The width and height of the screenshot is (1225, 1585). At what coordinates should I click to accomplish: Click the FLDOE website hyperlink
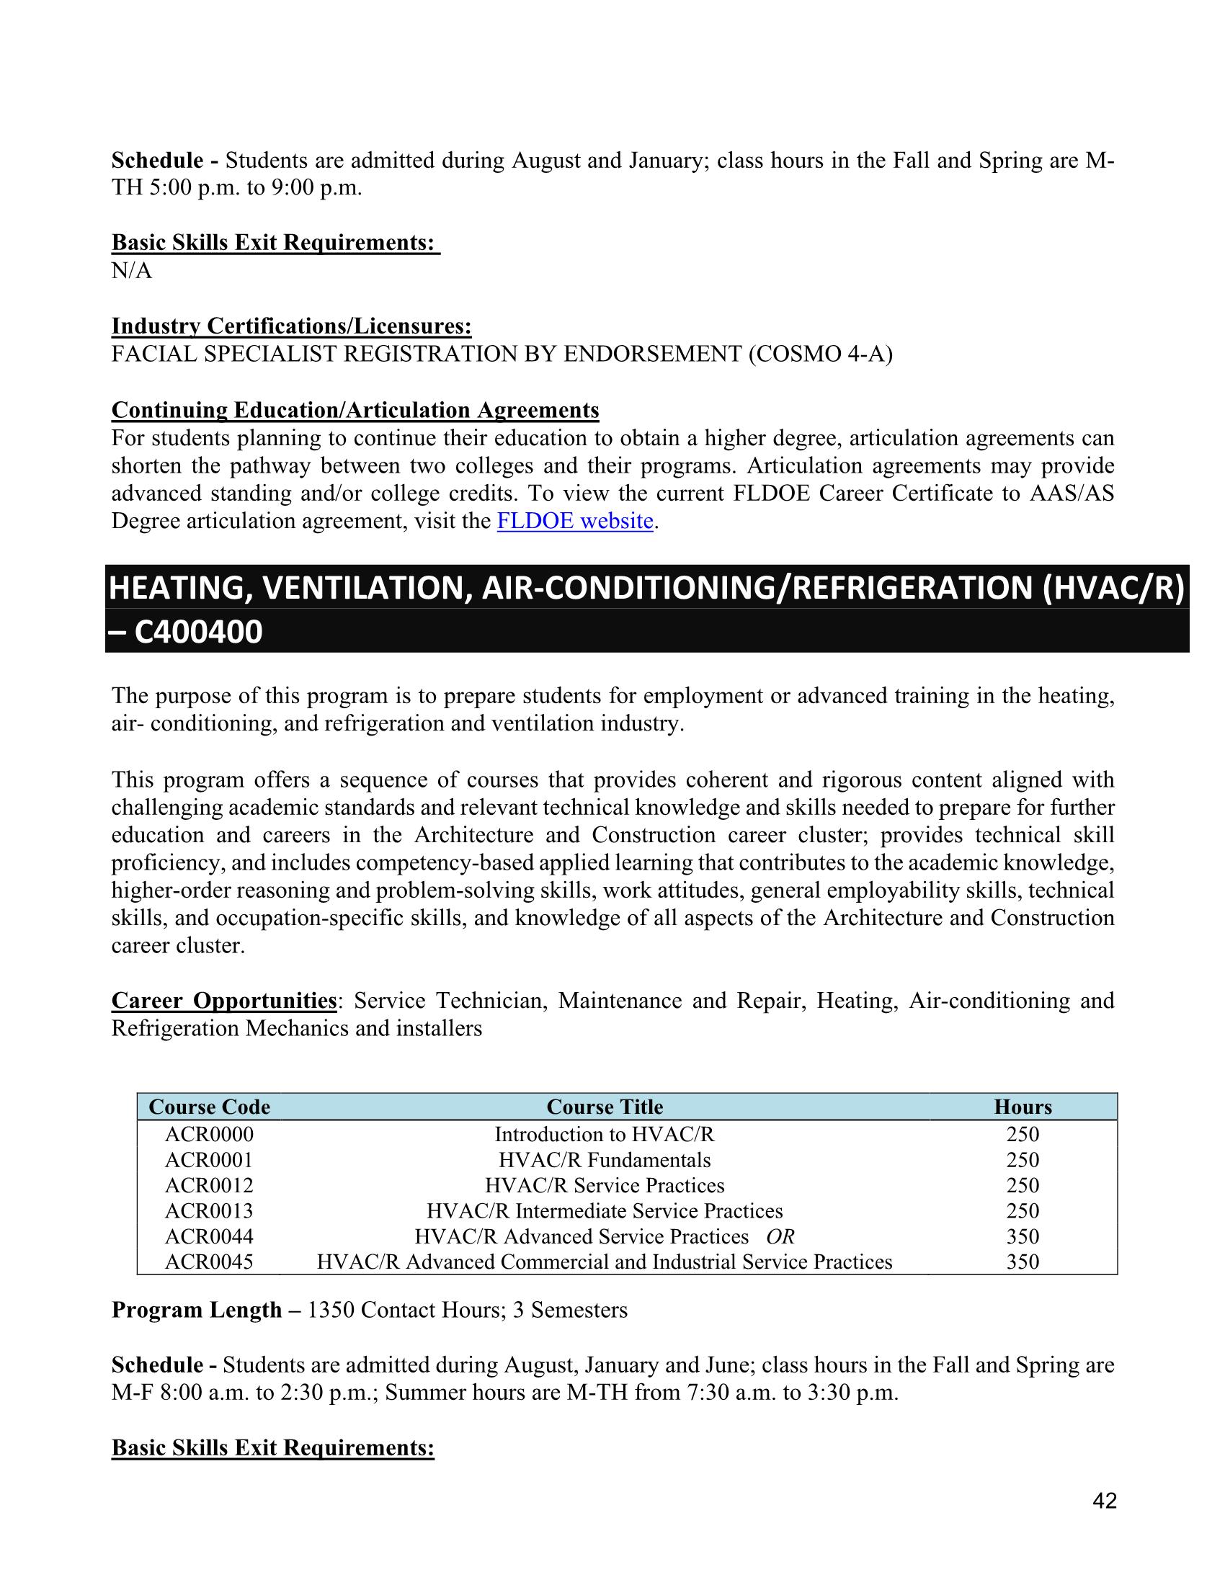tap(575, 521)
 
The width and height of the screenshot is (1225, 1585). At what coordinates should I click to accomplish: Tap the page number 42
tap(1104, 1501)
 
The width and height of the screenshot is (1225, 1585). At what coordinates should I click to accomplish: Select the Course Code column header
tap(209, 1107)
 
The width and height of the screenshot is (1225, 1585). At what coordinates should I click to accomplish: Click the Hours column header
tap(1023, 1107)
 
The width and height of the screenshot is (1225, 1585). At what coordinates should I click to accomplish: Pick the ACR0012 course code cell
tap(209, 1185)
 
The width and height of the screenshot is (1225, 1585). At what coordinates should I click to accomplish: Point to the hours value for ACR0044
tap(1023, 1236)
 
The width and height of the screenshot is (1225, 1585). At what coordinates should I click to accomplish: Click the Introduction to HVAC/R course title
tap(605, 1134)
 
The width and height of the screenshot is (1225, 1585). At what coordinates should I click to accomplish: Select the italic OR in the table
tap(780, 1236)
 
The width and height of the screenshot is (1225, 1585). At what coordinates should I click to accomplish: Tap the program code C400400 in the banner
tap(197, 632)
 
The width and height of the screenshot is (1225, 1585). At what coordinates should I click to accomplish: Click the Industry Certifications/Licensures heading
tap(291, 326)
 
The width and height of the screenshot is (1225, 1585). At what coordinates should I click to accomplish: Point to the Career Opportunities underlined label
tap(223, 1001)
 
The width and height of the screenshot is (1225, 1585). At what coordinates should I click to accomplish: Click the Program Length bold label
tap(196, 1310)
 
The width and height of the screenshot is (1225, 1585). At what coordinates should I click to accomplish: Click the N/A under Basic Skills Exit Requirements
tap(131, 271)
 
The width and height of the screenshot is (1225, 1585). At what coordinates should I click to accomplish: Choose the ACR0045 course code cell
tap(209, 1262)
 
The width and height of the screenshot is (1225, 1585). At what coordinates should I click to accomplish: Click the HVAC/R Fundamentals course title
tap(605, 1160)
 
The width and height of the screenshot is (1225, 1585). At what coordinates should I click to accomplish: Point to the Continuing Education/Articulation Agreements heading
tap(355, 410)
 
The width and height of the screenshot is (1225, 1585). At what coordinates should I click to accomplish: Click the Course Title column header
tap(605, 1107)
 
